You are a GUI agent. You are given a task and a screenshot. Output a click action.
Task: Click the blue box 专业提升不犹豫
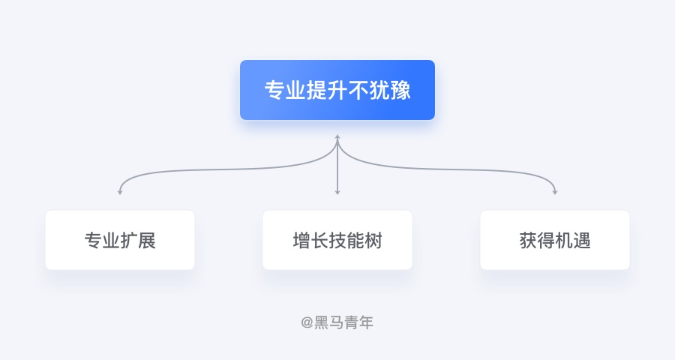pos(337,90)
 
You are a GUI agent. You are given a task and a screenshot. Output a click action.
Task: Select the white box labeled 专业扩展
pos(120,240)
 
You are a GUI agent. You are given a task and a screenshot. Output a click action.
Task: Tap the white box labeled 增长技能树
pos(337,240)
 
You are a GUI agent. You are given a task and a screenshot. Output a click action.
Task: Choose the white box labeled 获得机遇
pos(555,240)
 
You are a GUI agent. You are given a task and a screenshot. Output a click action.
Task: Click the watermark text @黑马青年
pos(337,322)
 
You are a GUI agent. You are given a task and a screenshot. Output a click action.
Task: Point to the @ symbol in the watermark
pos(307,322)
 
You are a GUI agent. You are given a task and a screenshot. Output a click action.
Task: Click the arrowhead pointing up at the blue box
pos(337,137)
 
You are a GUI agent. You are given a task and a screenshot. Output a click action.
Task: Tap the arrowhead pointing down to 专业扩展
pos(120,192)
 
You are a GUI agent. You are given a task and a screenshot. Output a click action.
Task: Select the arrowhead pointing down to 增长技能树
pos(337,192)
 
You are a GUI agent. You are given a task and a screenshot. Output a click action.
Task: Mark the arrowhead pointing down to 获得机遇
pos(555,192)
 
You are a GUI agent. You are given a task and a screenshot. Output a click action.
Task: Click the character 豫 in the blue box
pos(400,91)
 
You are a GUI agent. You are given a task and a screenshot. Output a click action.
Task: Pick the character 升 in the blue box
pos(337,91)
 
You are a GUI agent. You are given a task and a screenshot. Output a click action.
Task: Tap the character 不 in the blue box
pos(358,91)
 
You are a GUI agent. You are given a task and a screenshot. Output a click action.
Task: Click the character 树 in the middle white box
pos(373,240)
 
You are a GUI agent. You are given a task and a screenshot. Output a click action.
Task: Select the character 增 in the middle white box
pos(301,240)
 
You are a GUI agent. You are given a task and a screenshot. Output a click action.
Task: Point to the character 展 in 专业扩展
pos(147,240)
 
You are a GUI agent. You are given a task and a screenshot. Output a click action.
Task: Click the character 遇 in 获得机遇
pos(581,240)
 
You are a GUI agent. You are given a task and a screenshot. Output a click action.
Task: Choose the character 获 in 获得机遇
pos(528,240)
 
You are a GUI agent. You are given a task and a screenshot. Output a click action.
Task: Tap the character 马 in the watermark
pos(336,322)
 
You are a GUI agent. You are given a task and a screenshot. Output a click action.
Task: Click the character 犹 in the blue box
pos(379,91)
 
